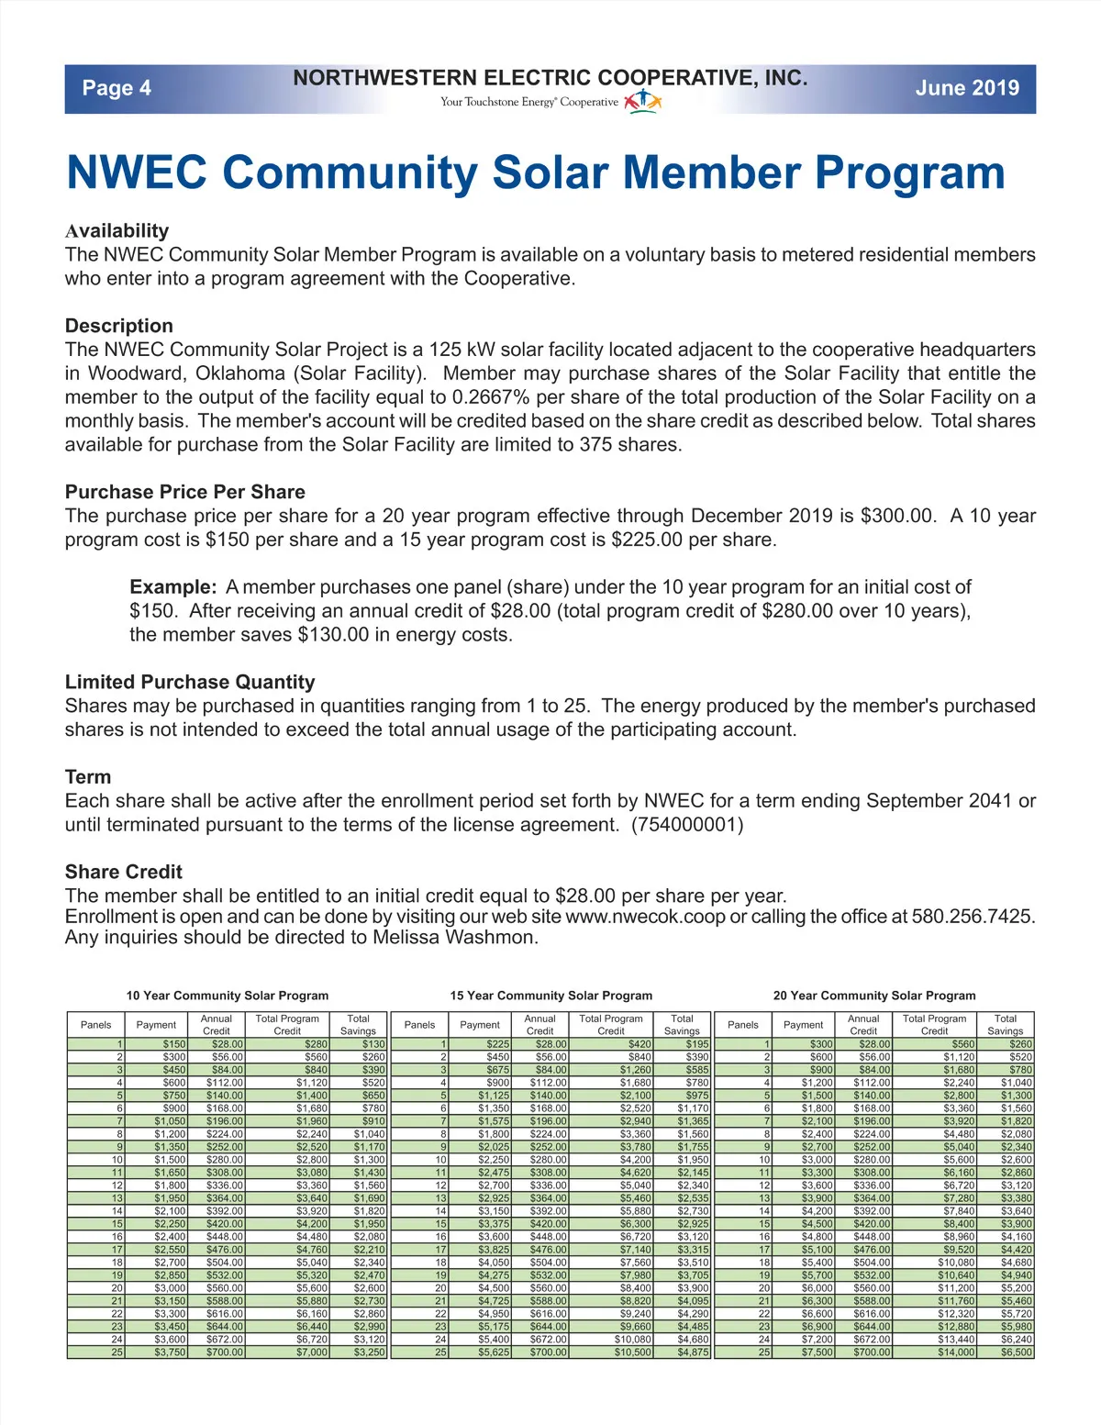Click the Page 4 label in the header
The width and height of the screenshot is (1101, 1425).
point(117,88)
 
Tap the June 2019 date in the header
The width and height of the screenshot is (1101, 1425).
point(967,88)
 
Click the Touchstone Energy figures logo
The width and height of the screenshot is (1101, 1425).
point(642,100)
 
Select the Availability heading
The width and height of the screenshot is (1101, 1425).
point(117,230)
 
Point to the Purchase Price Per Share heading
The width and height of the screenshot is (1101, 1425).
point(184,492)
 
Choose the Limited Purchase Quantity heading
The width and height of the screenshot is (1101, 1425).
point(190,682)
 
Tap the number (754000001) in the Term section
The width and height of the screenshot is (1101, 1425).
point(687,825)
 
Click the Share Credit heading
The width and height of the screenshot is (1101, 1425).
point(124,872)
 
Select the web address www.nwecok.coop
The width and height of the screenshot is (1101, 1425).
point(645,917)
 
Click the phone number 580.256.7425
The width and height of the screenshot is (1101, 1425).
point(973,917)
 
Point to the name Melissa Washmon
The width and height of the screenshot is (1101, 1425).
point(455,938)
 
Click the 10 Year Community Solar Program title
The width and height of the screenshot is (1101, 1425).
point(227,996)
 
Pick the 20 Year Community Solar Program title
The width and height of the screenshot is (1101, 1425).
point(874,996)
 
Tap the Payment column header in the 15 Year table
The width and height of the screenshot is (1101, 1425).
point(480,1025)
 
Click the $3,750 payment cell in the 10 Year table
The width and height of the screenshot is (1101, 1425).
point(170,1353)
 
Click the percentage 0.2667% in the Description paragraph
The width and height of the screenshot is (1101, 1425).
point(492,397)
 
